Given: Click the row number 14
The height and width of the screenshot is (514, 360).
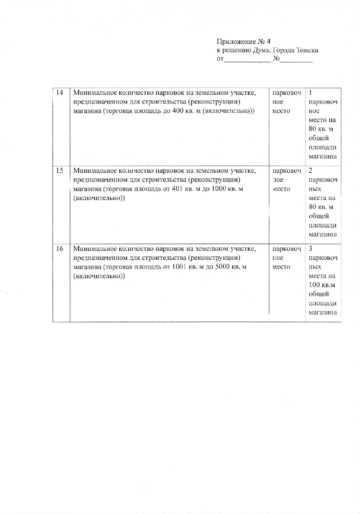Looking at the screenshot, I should (59, 93).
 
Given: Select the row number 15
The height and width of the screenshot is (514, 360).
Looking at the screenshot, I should (59, 171).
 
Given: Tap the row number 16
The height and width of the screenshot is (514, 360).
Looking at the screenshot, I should (59, 249).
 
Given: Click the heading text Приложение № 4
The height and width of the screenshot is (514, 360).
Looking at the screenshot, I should (243, 41).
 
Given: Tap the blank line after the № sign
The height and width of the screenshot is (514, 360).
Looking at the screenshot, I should (296, 60).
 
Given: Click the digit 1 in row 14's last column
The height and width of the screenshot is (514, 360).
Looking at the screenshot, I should (310, 93).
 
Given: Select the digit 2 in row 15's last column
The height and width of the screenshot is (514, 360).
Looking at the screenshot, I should (310, 171).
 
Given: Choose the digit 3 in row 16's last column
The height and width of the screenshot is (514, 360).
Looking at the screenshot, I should (310, 249).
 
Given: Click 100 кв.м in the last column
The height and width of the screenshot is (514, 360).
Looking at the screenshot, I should (322, 285).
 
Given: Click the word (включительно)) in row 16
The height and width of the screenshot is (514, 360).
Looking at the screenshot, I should (99, 276).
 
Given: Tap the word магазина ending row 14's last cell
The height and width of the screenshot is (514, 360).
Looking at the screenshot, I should (323, 156).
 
